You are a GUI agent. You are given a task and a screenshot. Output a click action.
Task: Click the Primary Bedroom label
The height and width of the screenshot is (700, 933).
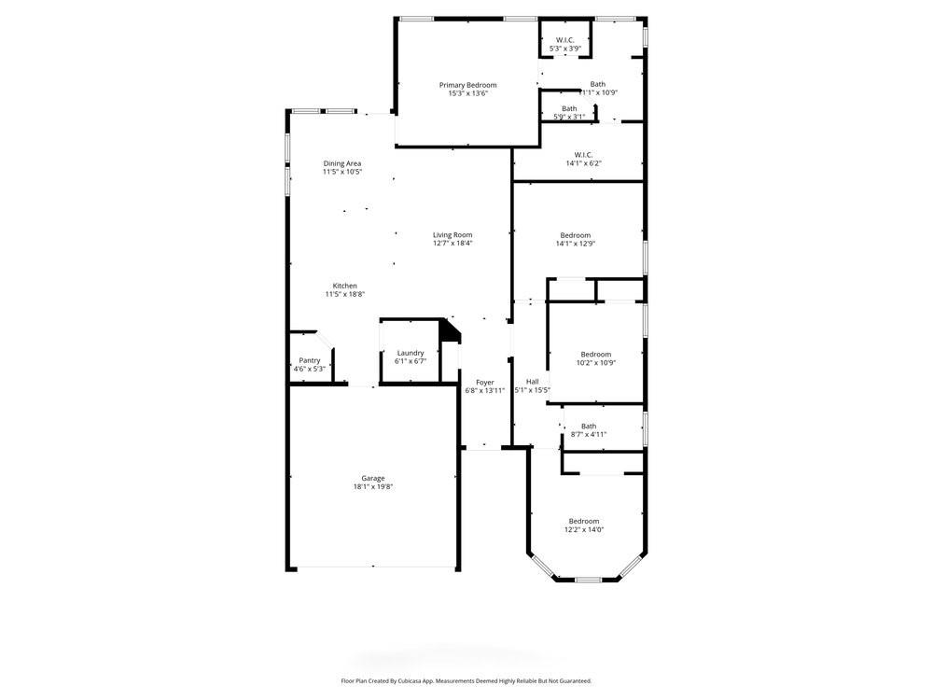467,85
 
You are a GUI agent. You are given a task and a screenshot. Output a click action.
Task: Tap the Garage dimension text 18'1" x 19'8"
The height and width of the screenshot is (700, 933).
373,487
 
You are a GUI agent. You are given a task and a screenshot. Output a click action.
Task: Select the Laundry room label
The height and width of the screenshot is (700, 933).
410,353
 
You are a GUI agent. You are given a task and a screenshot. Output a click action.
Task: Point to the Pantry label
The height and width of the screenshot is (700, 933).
309,360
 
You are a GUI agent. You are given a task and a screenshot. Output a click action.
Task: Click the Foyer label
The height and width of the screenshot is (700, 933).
484,382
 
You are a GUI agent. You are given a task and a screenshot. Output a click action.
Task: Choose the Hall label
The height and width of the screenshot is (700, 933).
532,382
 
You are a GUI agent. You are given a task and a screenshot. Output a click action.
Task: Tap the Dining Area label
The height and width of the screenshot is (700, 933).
342,163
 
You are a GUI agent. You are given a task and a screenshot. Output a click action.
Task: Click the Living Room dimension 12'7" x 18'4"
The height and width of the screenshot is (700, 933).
453,244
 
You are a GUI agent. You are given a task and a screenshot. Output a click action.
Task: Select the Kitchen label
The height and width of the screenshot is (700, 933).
344,286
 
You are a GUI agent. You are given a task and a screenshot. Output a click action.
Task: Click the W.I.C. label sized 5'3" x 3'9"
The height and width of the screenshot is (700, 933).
564,40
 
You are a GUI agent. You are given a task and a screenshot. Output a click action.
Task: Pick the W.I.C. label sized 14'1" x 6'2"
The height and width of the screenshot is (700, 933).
583,155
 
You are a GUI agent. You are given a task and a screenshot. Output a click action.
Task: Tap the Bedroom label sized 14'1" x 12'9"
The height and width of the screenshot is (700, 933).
575,235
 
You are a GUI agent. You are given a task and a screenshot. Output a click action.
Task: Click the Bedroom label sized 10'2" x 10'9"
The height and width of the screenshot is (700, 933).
595,354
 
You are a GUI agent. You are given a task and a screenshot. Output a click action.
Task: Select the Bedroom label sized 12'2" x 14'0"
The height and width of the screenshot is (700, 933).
584,521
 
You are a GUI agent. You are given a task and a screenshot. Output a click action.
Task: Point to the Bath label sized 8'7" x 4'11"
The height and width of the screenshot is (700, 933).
588,426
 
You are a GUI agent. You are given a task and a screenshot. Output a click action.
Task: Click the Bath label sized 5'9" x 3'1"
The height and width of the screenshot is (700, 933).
568,108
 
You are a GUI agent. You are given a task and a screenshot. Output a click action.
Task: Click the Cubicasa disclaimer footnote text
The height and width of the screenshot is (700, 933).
466,681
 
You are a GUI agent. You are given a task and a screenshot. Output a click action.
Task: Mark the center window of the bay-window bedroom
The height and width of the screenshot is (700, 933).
587,580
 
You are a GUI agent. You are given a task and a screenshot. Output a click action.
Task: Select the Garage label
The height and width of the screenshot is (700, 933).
373,478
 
